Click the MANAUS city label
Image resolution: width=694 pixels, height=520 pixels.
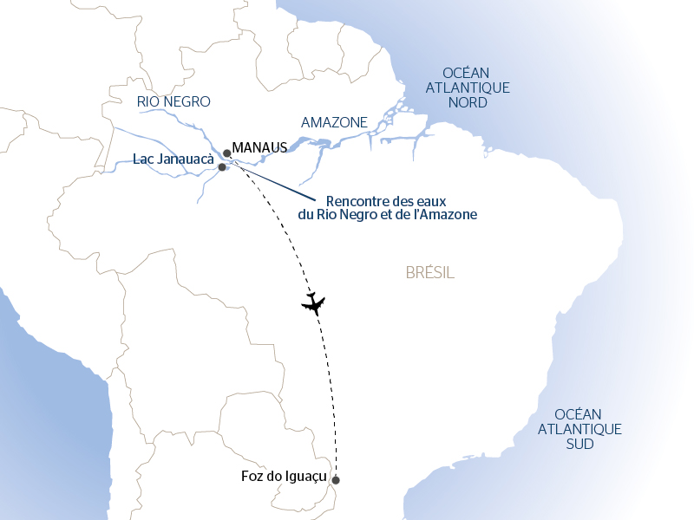pyautogui.click(x=260, y=148)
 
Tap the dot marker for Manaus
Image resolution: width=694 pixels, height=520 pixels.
pyautogui.click(x=227, y=153)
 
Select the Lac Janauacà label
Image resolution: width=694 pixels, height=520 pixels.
pyautogui.click(x=173, y=159)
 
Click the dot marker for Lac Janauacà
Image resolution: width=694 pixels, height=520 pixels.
pyautogui.click(x=222, y=167)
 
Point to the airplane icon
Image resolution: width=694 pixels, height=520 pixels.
pyautogui.click(x=313, y=303)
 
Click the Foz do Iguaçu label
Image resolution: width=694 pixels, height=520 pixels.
pyautogui.click(x=283, y=476)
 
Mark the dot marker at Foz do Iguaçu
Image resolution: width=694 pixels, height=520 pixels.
pyautogui.click(x=336, y=480)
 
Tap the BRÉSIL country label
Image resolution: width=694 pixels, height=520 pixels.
pyautogui.click(x=429, y=273)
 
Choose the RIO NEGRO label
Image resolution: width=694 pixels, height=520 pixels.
pyautogui.click(x=173, y=101)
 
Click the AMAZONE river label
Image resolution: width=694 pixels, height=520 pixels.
pyautogui.click(x=334, y=122)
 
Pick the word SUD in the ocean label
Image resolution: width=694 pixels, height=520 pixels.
pyautogui.click(x=579, y=444)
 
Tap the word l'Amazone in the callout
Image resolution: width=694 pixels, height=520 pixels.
pyautogui.click(x=447, y=214)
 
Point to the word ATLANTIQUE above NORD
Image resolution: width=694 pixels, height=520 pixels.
pyautogui.click(x=468, y=88)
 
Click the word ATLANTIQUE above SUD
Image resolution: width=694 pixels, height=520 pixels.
pyautogui.click(x=579, y=429)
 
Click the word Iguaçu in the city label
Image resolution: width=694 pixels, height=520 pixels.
pyautogui.click(x=304, y=476)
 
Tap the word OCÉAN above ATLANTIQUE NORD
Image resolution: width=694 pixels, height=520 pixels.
pyautogui.click(x=466, y=73)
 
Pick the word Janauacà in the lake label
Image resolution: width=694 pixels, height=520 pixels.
pyautogui.click(x=186, y=159)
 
